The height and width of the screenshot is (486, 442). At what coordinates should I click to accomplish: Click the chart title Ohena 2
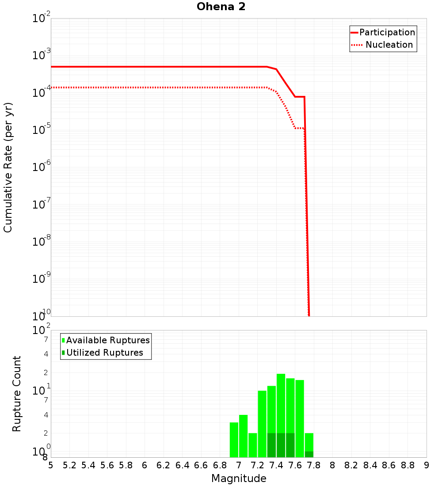221,7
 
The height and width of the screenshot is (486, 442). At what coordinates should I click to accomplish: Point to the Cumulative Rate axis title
8,167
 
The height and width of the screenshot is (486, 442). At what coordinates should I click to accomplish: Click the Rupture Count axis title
17,394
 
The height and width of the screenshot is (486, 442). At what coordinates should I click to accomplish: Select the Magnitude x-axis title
239,478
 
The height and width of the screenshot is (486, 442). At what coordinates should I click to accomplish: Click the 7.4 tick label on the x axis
276,465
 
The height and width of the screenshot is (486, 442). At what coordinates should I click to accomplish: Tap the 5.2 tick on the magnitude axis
69,465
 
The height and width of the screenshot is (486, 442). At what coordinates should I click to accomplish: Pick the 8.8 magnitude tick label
408,465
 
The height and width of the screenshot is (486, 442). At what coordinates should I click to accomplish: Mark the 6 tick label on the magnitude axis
145,465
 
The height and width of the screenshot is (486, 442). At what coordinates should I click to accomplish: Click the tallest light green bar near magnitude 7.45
281,402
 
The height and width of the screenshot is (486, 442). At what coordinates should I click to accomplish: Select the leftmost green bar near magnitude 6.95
234,440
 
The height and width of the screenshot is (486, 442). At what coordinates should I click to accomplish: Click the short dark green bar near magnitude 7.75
309,454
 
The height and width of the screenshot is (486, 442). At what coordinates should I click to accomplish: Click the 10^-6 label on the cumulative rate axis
42,167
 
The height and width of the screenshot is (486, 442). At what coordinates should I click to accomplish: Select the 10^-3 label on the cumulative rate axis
42,55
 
